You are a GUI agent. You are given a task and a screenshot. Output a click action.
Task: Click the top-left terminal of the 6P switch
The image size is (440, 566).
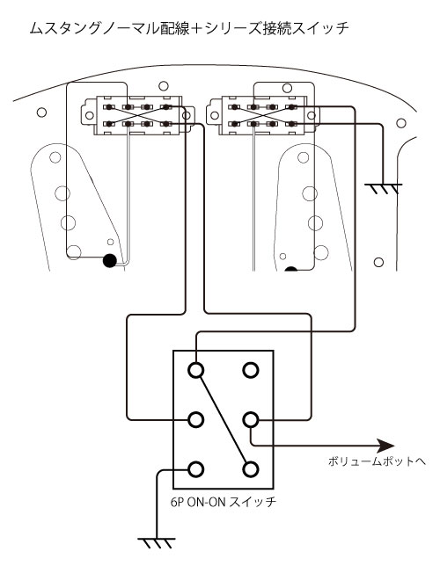[196, 370]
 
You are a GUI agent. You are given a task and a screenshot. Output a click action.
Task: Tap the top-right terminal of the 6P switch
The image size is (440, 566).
[250, 370]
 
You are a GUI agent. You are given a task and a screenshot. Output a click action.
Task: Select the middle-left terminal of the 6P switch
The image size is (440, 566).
[196, 420]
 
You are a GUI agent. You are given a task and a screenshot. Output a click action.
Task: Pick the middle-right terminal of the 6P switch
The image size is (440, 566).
[250, 420]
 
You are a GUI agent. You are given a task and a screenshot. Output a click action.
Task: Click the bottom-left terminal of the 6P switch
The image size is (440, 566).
[196, 469]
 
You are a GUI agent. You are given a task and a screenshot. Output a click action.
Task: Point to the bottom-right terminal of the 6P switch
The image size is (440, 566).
[250, 469]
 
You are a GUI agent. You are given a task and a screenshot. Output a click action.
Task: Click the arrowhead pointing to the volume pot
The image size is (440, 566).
[385, 446]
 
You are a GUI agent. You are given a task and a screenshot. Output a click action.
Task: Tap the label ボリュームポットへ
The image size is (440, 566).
[377, 461]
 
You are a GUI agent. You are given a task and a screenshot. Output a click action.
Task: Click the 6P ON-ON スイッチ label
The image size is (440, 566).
[224, 502]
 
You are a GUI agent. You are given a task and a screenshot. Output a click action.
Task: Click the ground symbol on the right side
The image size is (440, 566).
[383, 188]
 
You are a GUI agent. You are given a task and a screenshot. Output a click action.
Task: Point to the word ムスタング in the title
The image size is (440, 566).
[65, 28]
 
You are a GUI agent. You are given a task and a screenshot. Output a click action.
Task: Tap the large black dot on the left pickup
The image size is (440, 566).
[110, 261]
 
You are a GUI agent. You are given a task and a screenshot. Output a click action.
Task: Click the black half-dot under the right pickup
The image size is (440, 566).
[291, 269]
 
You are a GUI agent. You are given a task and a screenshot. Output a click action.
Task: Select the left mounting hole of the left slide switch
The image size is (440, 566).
[89, 115]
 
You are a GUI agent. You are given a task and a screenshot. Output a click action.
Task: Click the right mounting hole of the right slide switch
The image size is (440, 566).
[311, 116]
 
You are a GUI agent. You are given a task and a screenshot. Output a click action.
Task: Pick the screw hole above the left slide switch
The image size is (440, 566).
[164, 86]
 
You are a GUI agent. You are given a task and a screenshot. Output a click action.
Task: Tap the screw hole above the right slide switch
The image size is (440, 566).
[287, 88]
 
